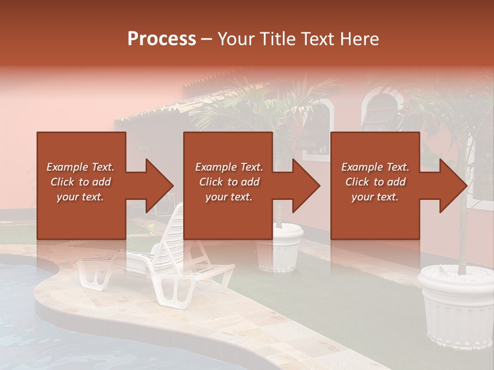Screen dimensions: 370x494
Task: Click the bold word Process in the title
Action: pyautogui.click(x=162, y=39)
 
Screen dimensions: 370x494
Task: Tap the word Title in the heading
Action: pyautogui.click(x=275, y=39)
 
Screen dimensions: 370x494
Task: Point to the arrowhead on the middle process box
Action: pyautogui.click(x=305, y=186)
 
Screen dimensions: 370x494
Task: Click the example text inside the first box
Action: pyautogui.click(x=80, y=182)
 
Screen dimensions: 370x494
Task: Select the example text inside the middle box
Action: pyautogui.click(x=228, y=182)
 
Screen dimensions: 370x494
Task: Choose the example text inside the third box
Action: pyautogui.click(x=375, y=182)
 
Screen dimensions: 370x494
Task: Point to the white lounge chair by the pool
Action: pyautogui.click(x=170, y=257)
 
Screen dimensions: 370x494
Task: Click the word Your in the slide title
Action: pyautogui.click(x=235, y=39)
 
